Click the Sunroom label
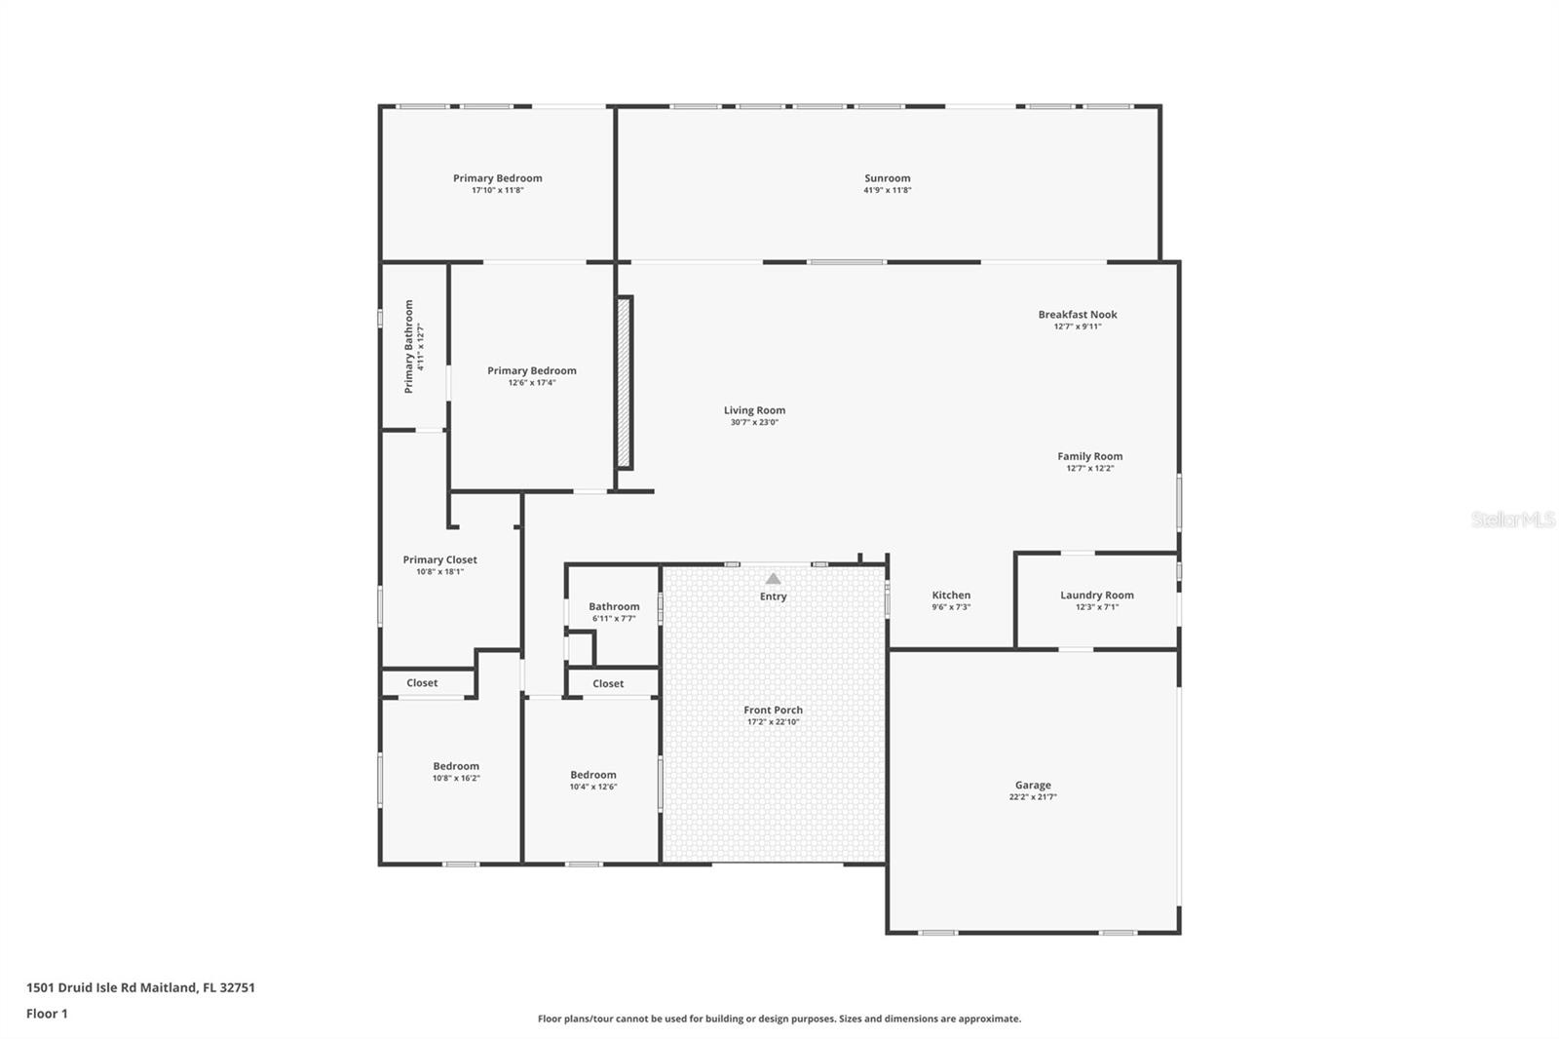tap(888, 178)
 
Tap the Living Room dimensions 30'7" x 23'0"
tap(754, 422)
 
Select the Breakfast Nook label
tap(1078, 315)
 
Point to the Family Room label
tap(1090, 457)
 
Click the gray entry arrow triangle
tap(774, 579)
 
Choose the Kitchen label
tap(951, 596)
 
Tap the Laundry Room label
tap(1097, 596)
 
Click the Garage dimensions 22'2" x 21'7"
tap(1033, 796)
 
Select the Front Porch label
tap(774, 711)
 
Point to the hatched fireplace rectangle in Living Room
tap(625, 382)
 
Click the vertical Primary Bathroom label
tap(409, 347)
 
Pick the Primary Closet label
tap(439, 559)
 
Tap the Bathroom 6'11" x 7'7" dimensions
tap(614, 618)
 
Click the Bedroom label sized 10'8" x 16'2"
tap(456, 766)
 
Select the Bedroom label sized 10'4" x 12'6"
tap(593, 775)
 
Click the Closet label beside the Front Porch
tap(608, 684)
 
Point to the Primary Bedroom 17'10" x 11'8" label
tap(498, 178)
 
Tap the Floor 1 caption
tap(48, 1014)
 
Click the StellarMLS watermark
tap(1513, 519)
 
